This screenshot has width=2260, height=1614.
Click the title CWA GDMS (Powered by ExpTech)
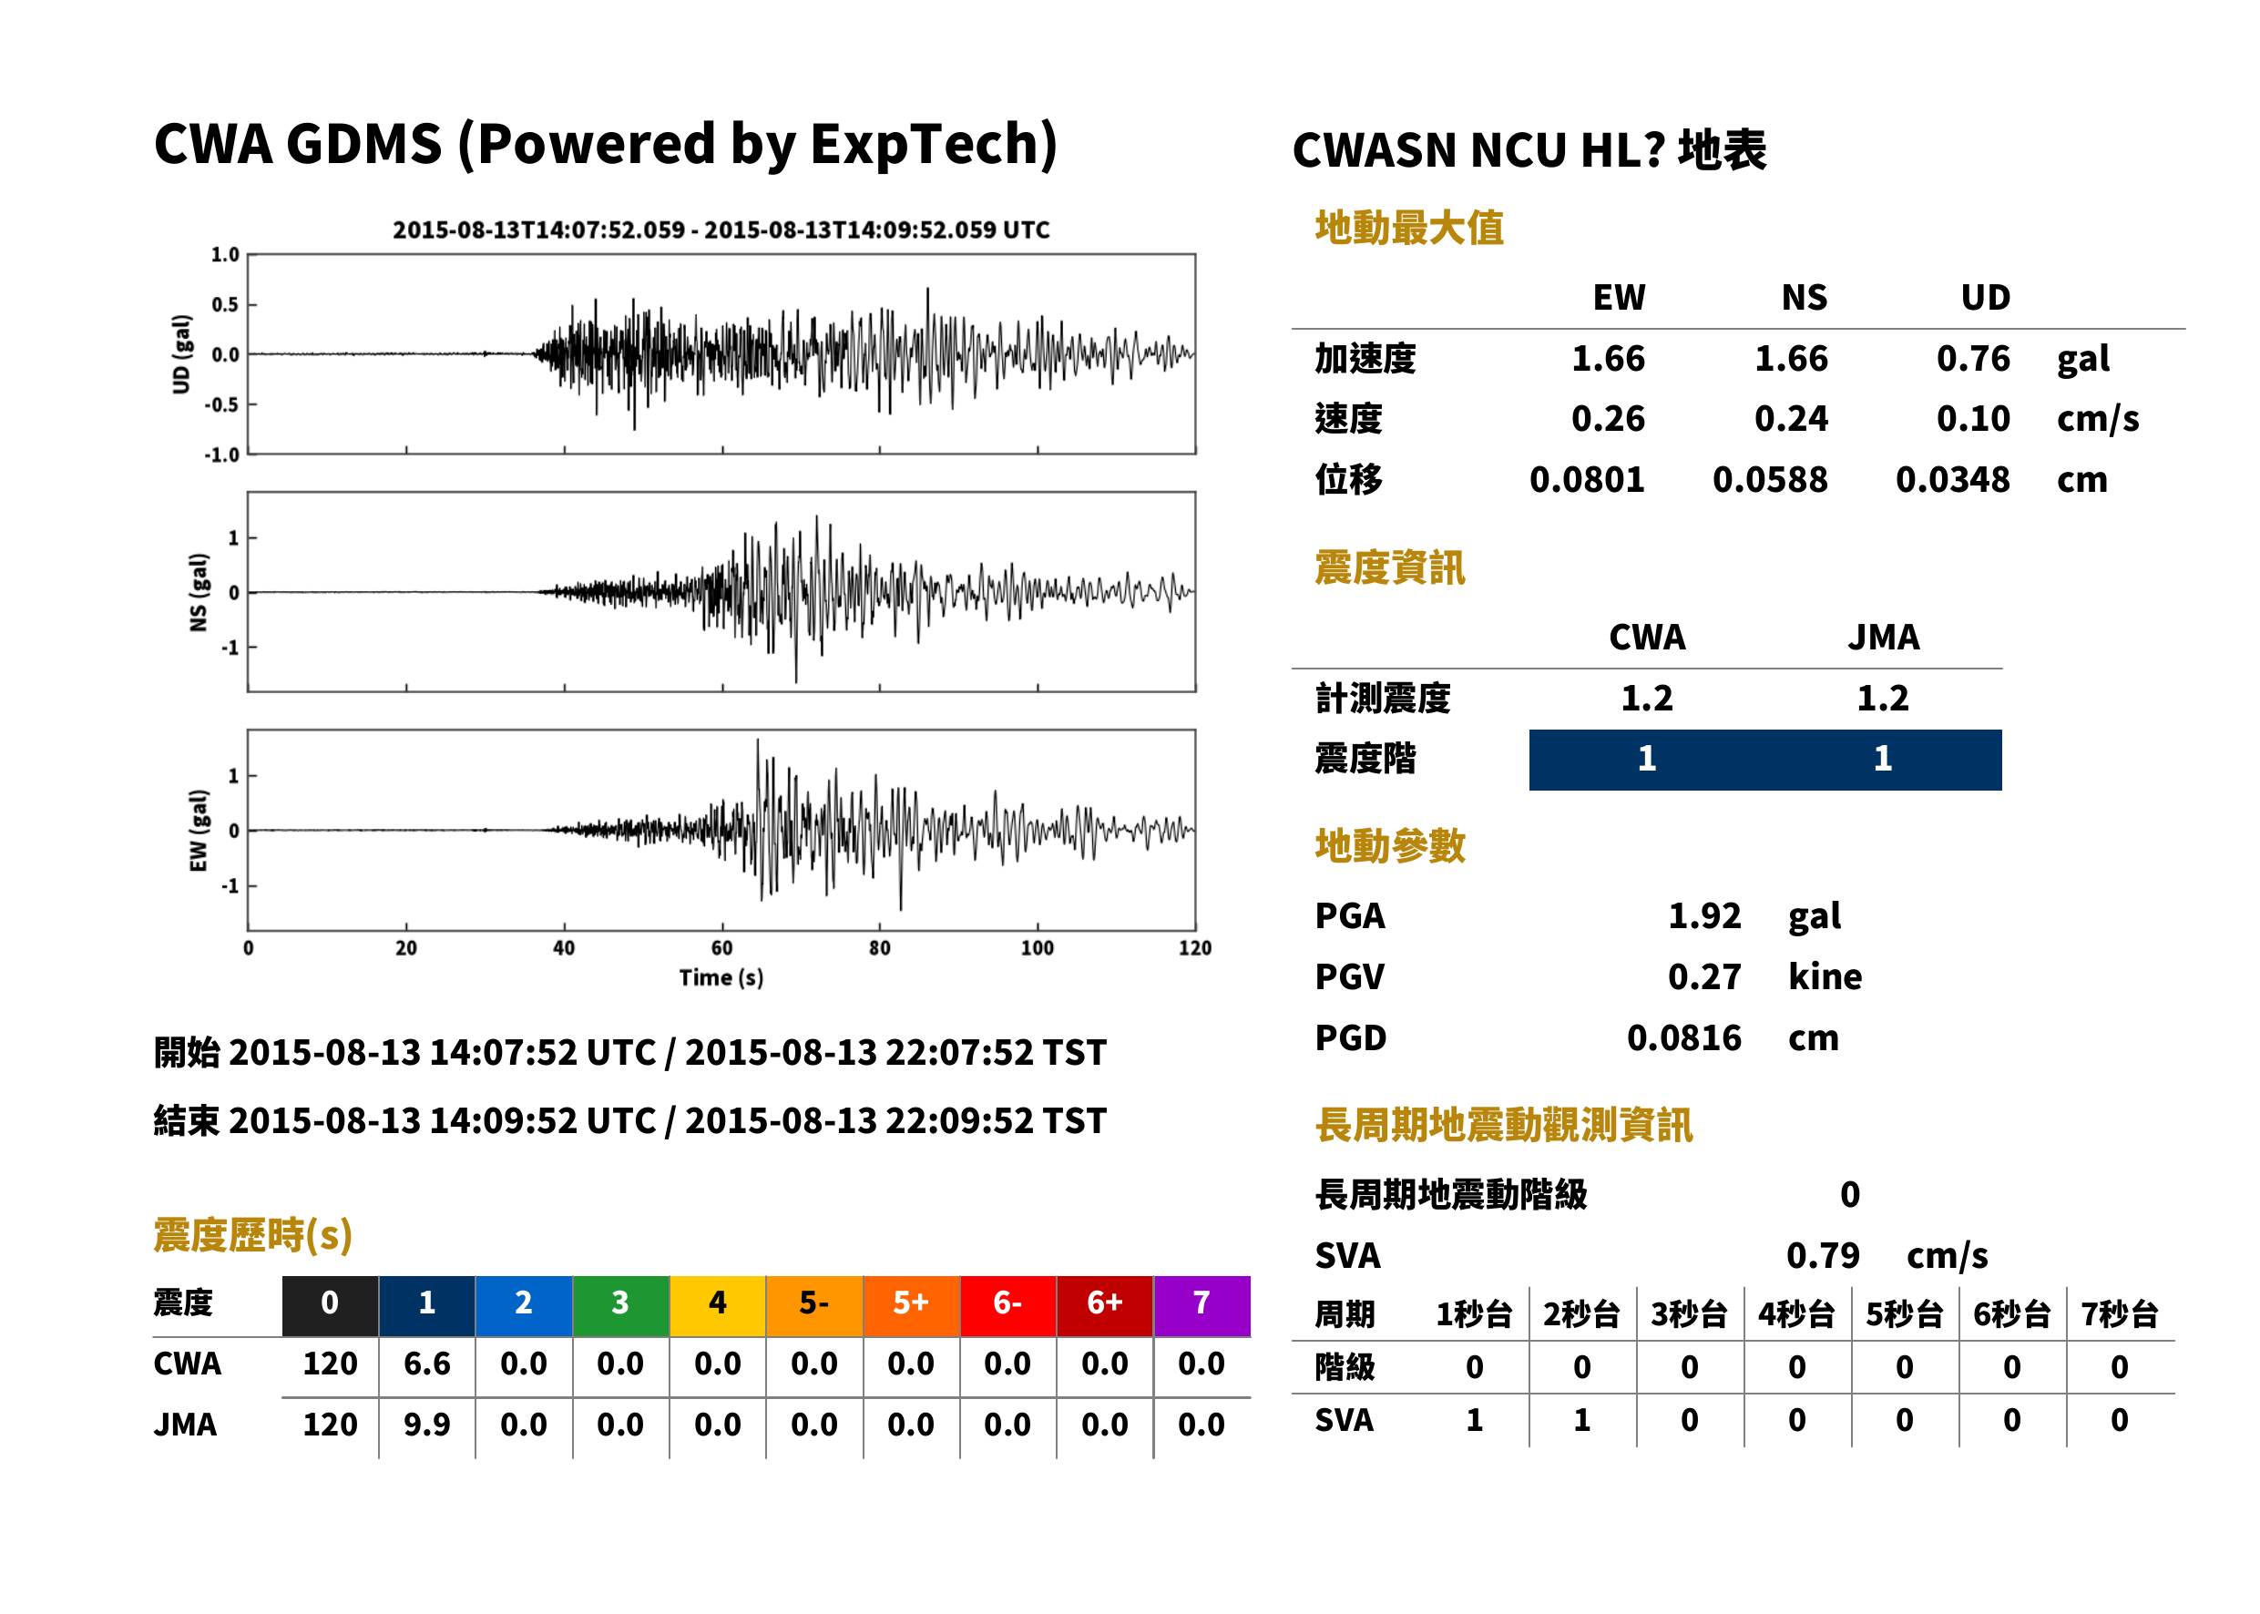click(x=605, y=144)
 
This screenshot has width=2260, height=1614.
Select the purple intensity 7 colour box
click(x=1202, y=1306)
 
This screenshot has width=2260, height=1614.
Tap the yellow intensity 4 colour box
click(x=718, y=1306)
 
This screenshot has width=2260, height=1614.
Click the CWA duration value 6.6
click(x=426, y=1364)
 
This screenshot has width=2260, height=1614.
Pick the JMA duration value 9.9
click(x=426, y=1425)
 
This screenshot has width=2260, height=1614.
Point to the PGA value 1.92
click(x=1704, y=915)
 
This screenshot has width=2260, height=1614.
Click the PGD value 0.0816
click(x=1684, y=1037)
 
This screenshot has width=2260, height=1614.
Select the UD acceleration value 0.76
click(x=1973, y=358)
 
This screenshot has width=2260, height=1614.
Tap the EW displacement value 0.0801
click(x=1587, y=479)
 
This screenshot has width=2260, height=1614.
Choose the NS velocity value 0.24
click(x=1791, y=418)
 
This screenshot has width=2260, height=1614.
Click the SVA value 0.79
click(x=1823, y=1255)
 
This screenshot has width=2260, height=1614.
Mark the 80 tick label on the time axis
click(x=880, y=948)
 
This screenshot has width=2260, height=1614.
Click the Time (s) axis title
click(x=721, y=978)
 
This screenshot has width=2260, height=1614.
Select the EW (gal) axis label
click(x=199, y=831)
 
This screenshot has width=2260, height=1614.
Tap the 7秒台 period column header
click(x=2120, y=1313)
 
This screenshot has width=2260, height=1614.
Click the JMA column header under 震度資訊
click(x=1884, y=637)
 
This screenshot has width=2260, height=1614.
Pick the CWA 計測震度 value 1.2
click(x=1647, y=698)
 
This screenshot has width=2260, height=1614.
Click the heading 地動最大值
click(x=1409, y=228)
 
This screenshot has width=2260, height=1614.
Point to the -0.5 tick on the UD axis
click(x=222, y=404)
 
